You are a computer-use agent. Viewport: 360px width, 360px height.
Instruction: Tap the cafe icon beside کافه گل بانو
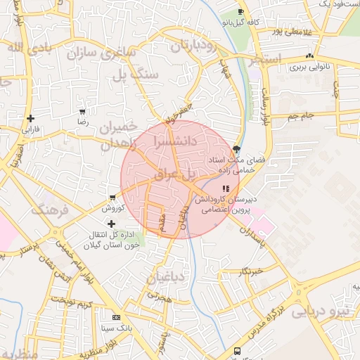click(241, 12)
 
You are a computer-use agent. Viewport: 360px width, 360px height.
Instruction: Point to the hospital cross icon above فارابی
click(30, 118)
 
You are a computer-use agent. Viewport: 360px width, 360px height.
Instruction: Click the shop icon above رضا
click(83, 111)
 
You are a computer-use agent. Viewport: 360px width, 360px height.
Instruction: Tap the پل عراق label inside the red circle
click(177, 174)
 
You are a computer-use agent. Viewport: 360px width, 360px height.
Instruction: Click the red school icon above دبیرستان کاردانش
click(225, 188)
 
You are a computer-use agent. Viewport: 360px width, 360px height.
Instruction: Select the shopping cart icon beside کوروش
click(112, 198)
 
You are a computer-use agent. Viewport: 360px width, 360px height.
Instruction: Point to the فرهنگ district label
click(49, 209)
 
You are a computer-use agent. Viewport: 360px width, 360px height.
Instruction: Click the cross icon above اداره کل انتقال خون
click(111, 223)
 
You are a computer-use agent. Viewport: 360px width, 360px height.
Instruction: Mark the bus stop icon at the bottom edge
click(237, 351)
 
